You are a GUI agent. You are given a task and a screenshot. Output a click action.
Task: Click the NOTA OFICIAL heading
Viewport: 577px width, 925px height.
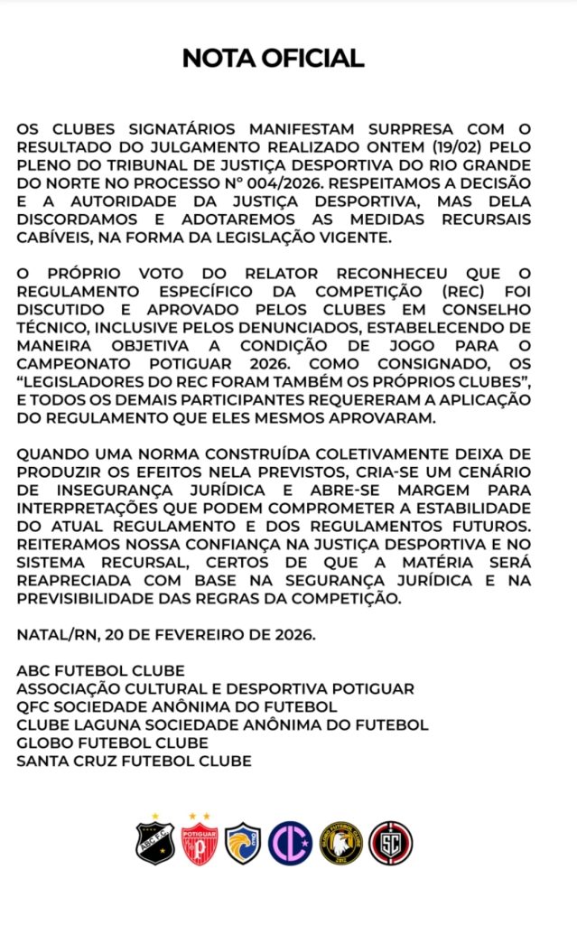(x=273, y=59)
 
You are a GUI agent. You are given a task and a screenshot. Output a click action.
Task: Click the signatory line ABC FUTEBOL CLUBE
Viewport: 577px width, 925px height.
(x=100, y=670)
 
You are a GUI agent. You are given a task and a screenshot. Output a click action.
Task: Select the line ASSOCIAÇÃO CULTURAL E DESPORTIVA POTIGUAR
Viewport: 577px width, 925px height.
(x=215, y=688)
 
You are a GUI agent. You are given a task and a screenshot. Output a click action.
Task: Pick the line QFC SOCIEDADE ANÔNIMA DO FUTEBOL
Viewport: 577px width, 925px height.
(x=177, y=706)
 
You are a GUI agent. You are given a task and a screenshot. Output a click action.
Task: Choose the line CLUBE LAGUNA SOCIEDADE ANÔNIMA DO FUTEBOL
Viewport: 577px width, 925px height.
(x=222, y=724)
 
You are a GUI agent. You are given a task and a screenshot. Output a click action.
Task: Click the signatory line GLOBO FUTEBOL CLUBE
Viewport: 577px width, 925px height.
(x=113, y=743)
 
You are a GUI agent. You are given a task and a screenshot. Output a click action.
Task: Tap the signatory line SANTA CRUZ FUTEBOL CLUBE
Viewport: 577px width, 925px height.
(x=134, y=761)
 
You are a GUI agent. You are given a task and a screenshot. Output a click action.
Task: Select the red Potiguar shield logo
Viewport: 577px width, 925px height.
(x=199, y=842)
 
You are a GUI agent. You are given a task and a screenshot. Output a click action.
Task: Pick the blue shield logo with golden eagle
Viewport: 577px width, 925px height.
(x=243, y=843)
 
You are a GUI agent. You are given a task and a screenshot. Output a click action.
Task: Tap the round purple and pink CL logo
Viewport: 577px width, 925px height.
(x=291, y=843)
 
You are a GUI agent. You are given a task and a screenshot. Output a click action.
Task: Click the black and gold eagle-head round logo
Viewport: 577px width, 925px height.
(x=340, y=843)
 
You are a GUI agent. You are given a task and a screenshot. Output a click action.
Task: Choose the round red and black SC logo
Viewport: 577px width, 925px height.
(x=390, y=843)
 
